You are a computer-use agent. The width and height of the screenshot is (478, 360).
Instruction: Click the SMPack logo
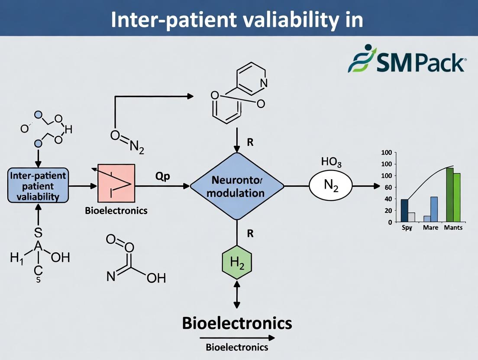click(407, 61)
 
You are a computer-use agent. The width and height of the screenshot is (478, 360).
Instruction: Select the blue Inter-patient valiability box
click(38, 186)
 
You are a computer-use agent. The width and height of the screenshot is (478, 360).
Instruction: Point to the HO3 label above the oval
click(331, 162)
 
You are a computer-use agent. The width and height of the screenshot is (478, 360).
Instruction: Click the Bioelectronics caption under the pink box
click(116, 211)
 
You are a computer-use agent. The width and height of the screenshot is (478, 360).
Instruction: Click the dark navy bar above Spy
click(404, 210)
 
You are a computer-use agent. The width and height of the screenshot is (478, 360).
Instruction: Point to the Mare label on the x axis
click(430, 228)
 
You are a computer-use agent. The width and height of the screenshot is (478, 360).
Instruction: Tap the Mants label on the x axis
click(453, 228)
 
